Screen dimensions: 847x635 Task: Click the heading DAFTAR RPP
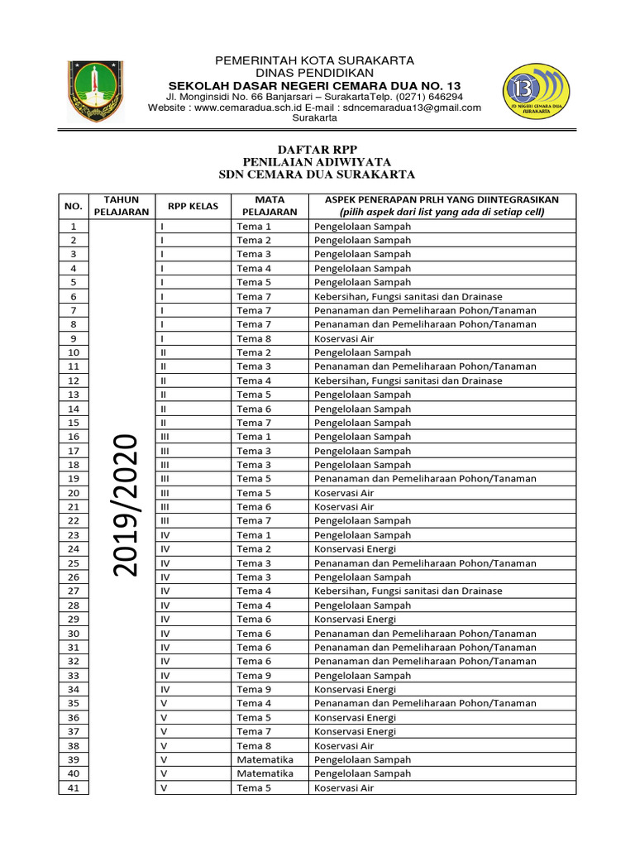coord(317,148)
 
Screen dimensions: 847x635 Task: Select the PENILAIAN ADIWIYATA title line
coord(317,161)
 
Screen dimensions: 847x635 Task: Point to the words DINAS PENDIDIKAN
coord(315,74)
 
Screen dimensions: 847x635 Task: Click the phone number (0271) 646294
coord(424,97)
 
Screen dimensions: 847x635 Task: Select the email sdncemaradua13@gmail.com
coord(413,108)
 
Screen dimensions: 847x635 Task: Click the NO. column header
coord(74,206)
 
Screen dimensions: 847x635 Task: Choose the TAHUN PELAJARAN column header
coord(122,206)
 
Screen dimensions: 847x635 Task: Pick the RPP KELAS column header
coord(193,206)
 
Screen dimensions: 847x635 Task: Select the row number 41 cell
coord(74,788)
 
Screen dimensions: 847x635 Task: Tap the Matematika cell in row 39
coord(265,760)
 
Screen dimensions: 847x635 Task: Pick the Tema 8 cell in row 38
coord(254,746)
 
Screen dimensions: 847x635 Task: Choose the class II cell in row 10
coord(164,352)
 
